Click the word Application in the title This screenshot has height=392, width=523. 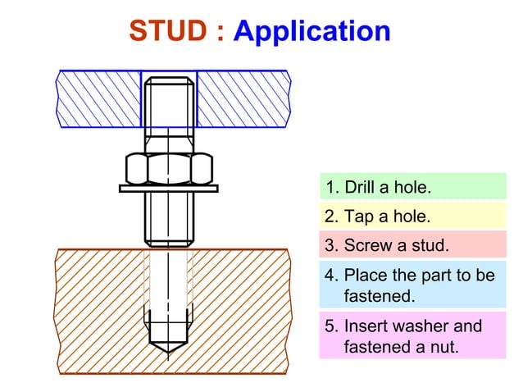(312, 32)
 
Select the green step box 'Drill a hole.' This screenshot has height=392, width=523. (412, 187)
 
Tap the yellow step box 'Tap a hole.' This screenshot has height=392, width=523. (412, 217)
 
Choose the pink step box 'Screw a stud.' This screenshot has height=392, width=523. (412, 245)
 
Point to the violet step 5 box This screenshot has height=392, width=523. (412, 336)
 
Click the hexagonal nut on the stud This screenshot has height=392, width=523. (170, 168)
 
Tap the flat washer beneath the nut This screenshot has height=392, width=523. (170, 189)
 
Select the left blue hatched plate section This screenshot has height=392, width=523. (98, 98)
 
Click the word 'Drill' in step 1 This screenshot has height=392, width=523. (360, 187)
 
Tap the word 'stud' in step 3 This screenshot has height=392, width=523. (431, 245)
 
